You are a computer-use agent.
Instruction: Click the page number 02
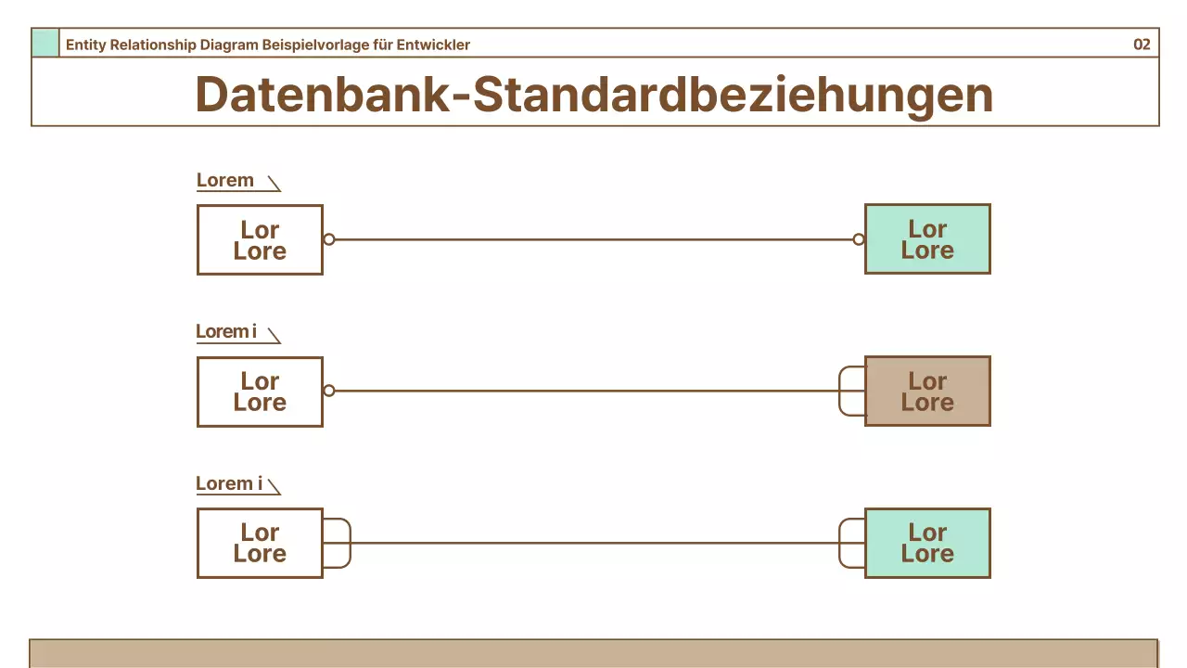(x=1142, y=45)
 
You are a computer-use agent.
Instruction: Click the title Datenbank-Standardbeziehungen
(x=593, y=94)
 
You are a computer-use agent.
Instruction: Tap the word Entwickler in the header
(x=433, y=45)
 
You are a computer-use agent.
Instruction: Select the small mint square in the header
(x=45, y=43)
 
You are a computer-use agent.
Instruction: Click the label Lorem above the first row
(x=225, y=180)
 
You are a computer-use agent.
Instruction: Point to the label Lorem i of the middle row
(x=226, y=331)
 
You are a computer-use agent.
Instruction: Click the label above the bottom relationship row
(x=229, y=483)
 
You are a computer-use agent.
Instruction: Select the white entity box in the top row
(x=260, y=239)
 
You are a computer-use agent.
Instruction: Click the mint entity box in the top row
(x=927, y=239)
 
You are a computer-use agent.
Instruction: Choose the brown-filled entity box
(x=927, y=392)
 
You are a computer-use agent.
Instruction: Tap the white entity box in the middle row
(x=260, y=392)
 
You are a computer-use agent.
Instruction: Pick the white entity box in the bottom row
(x=260, y=543)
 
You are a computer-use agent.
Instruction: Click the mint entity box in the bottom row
(x=927, y=543)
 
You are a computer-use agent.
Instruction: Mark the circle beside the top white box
(x=329, y=239)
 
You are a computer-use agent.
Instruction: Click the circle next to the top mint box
(x=859, y=239)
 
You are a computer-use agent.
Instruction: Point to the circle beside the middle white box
(x=329, y=392)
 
